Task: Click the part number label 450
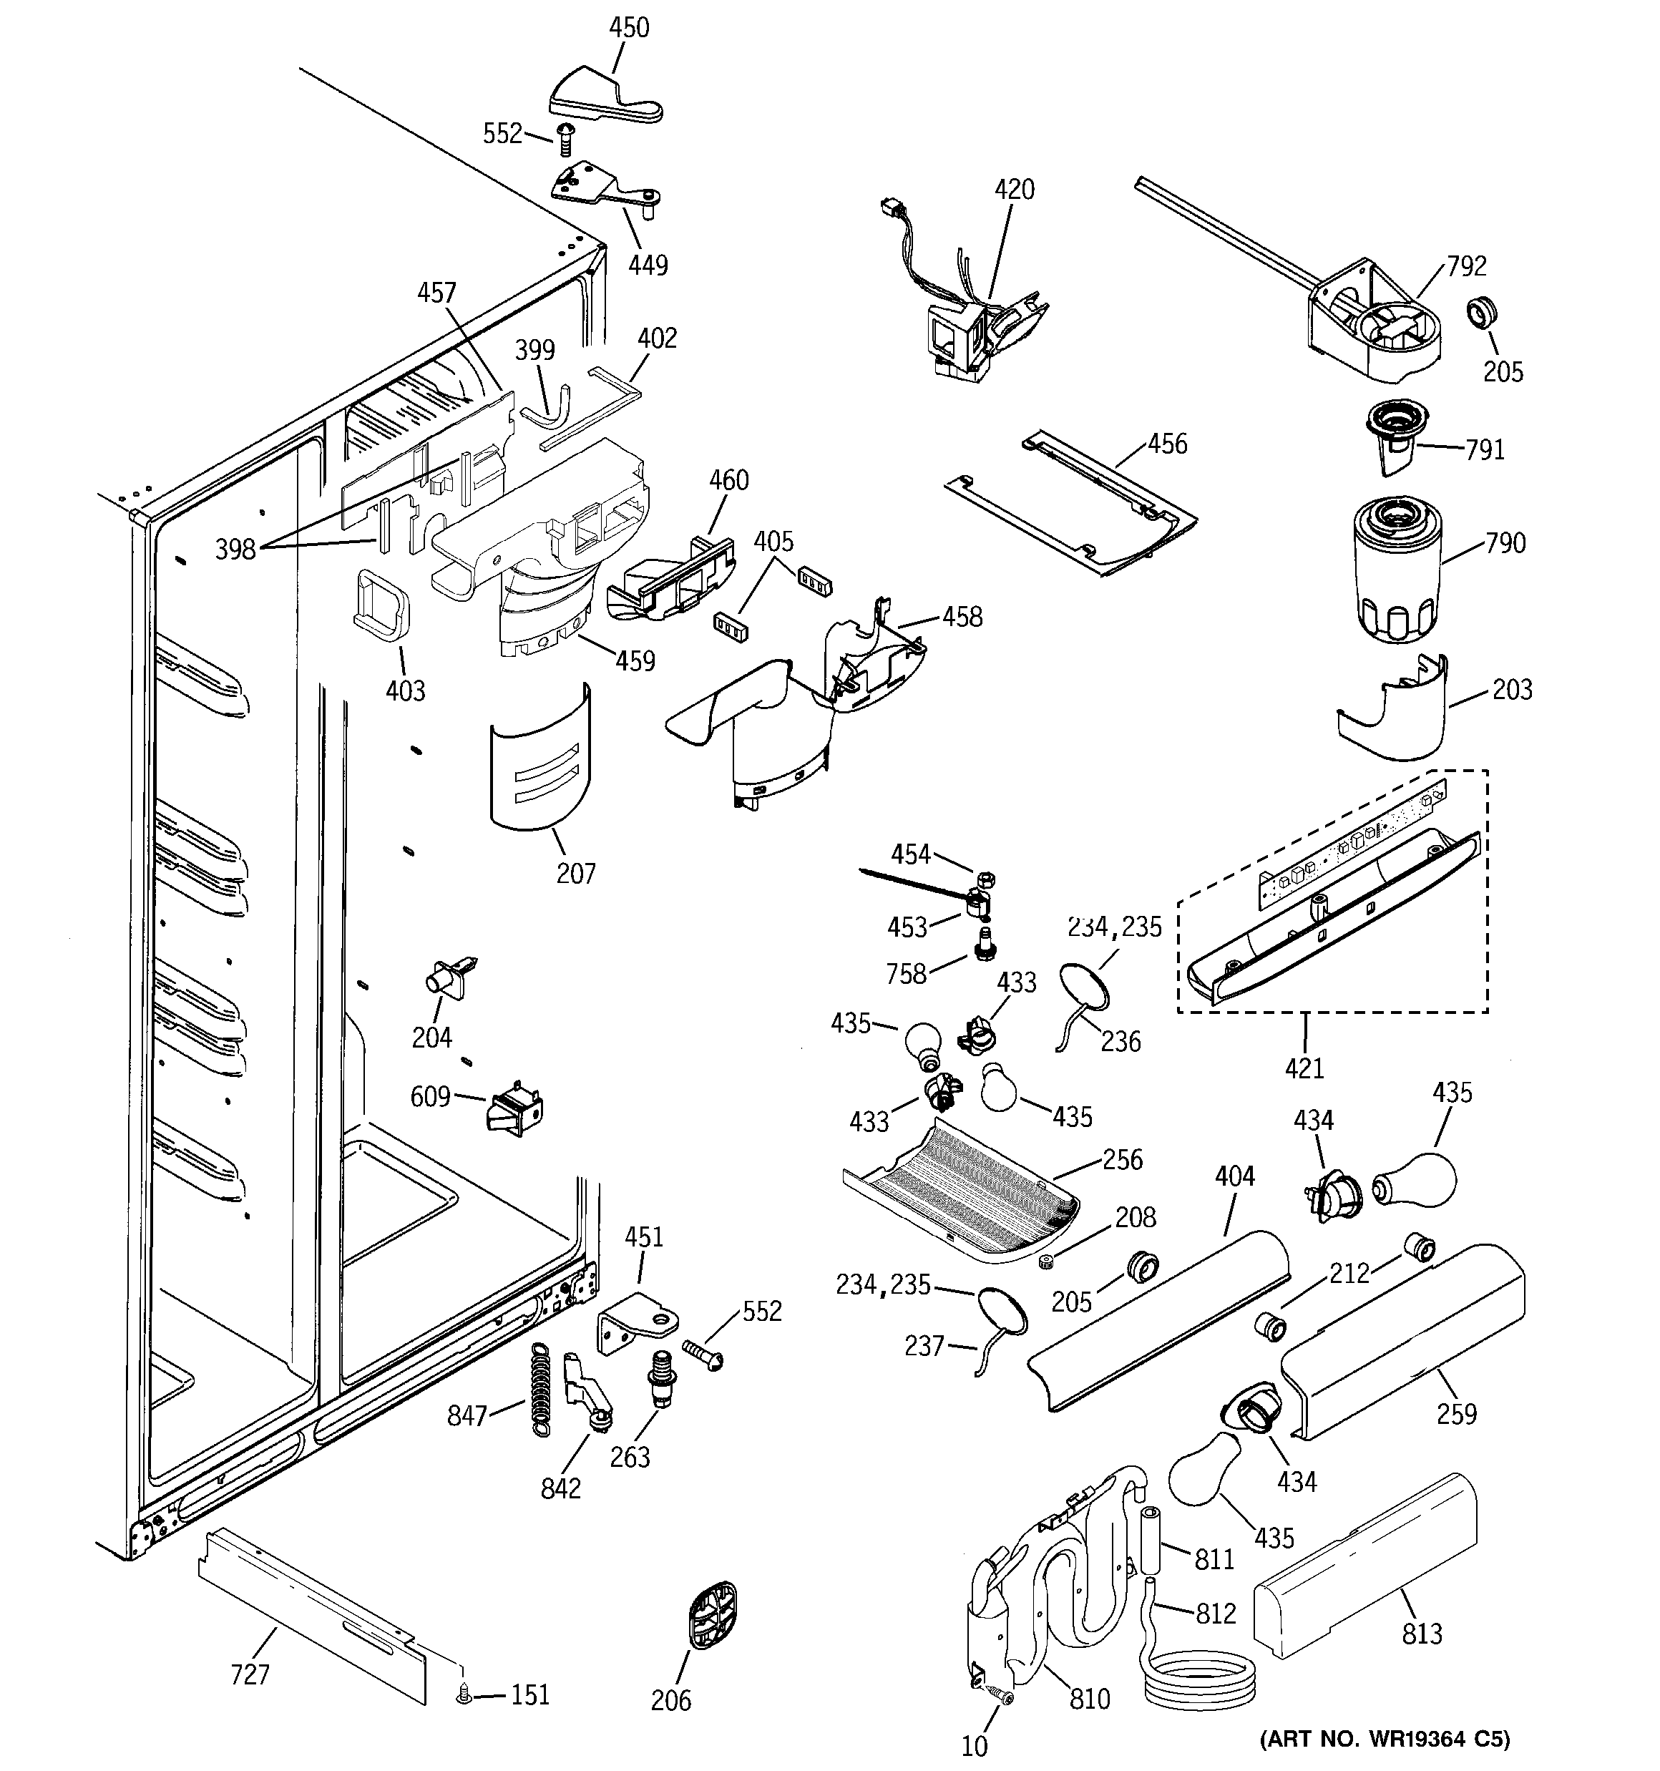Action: tap(629, 28)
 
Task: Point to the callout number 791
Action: tap(1485, 450)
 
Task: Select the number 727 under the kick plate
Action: tap(250, 1675)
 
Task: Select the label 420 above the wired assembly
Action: tap(1014, 190)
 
